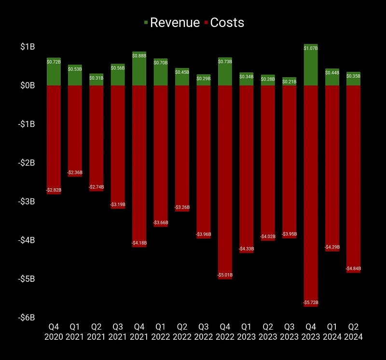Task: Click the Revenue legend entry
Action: [x=171, y=23]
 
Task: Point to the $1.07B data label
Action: [x=311, y=48]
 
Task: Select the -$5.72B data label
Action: [x=311, y=303]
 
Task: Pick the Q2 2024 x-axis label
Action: [x=354, y=332]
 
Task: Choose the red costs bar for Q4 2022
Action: [x=225, y=179]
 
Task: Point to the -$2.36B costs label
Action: [x=75, y=172]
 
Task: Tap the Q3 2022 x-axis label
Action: [x=204, y=332]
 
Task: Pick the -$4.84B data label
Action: [x=354, y=268]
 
